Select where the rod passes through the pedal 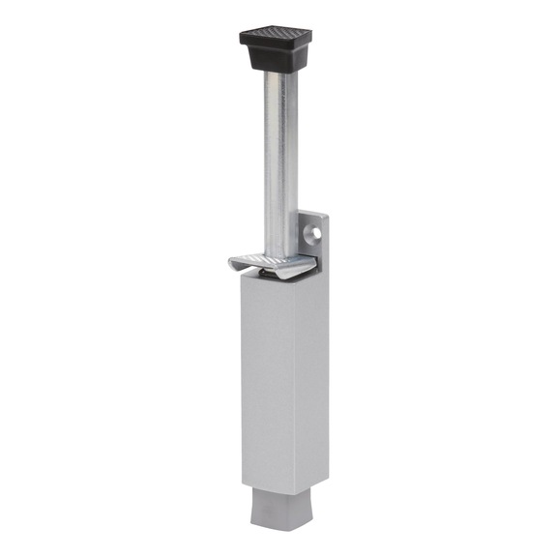tap(278, 254)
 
